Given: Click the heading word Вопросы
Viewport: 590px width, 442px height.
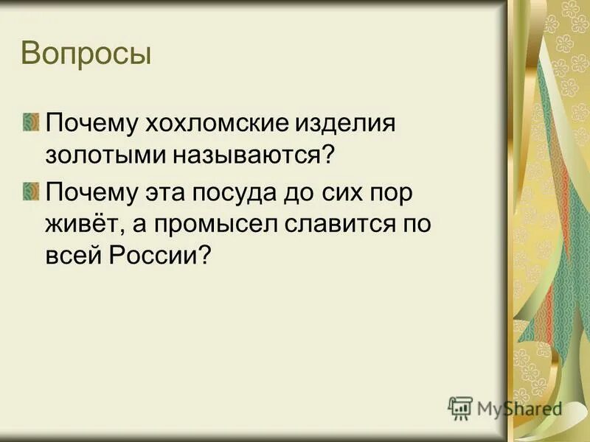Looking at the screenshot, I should (86, 55).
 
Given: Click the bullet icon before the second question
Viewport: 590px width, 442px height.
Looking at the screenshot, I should (31, 191).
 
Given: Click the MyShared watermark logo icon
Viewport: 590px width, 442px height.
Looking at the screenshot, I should (460, 407).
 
